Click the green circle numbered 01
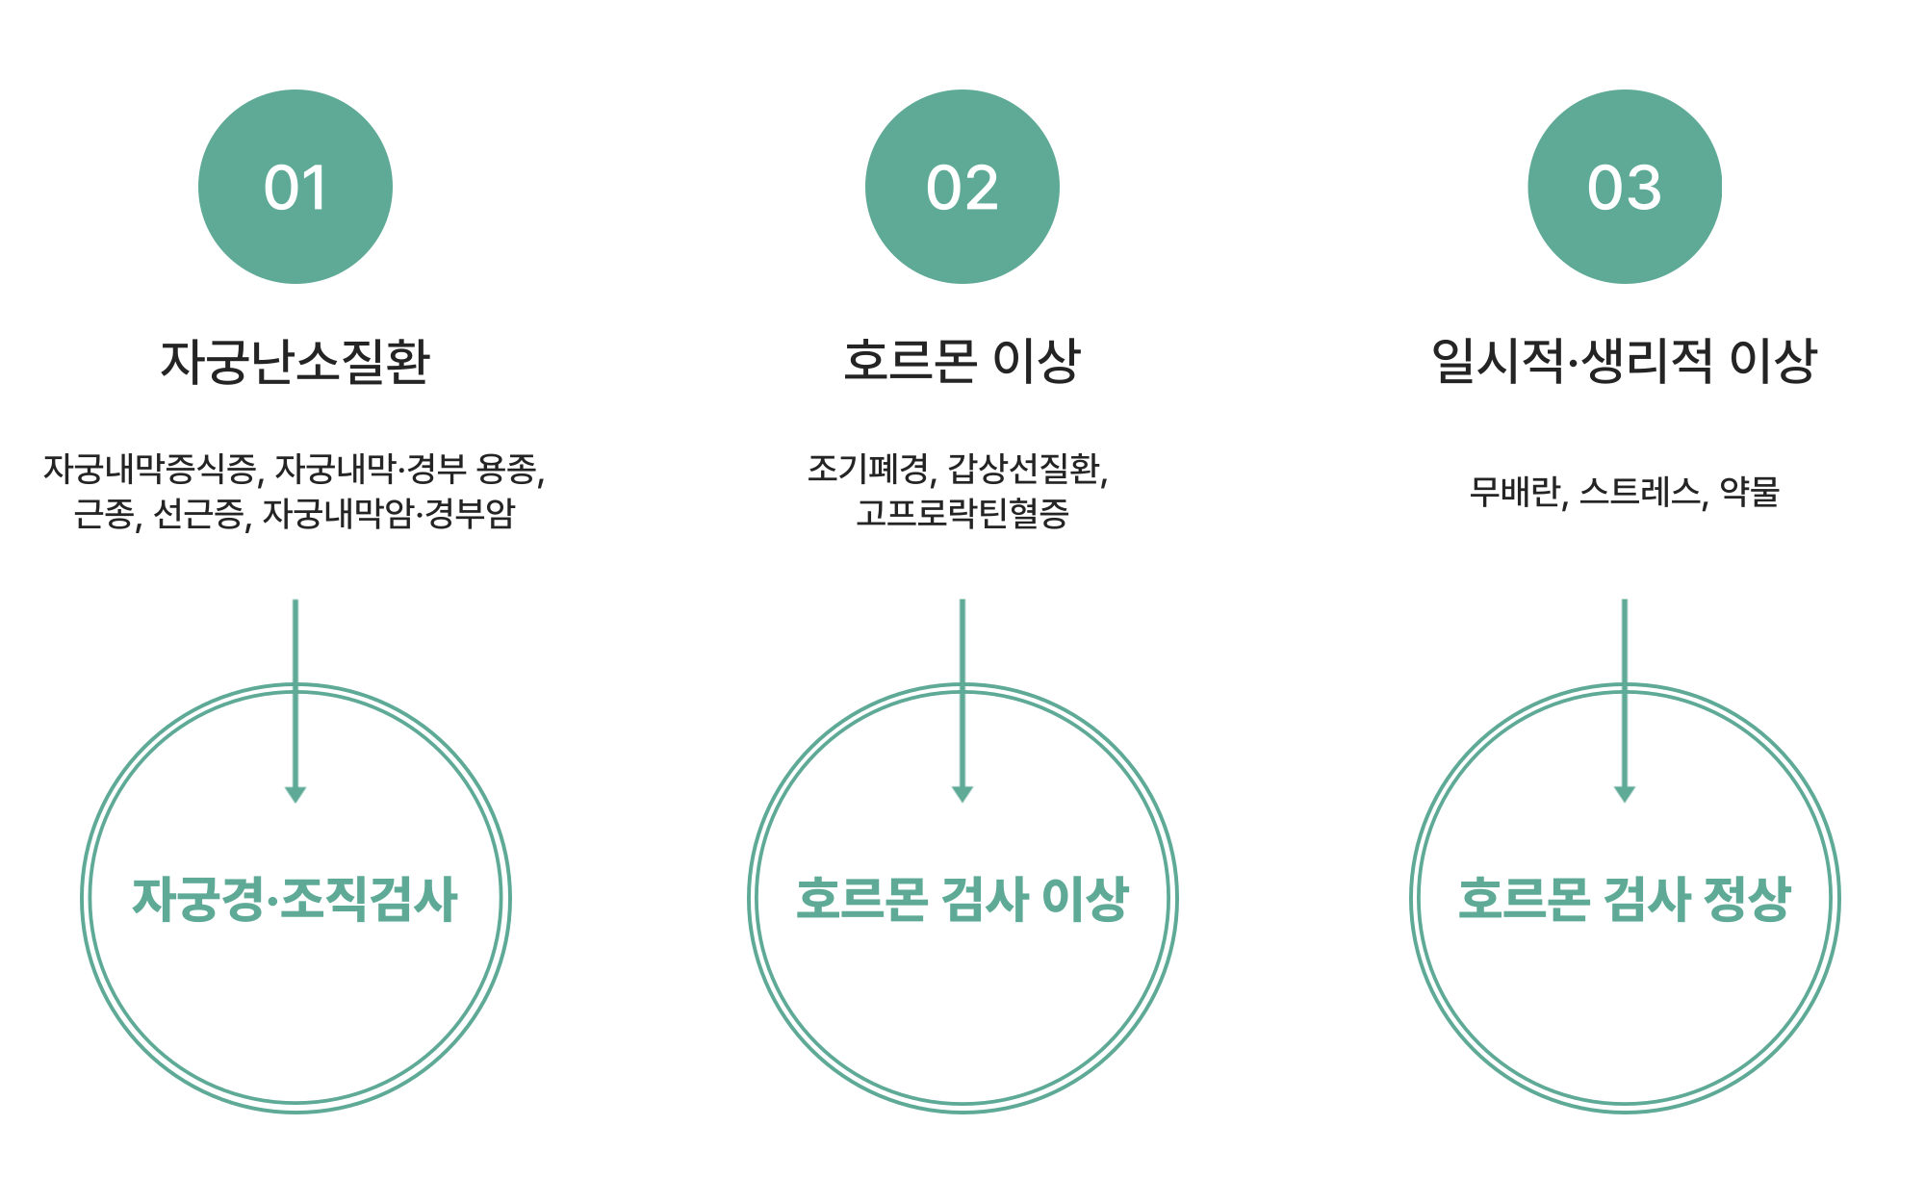click(295, 187)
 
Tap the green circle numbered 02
click(962, 187)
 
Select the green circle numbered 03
click(1625, 187)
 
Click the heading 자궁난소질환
click(295, 362)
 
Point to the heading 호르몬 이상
click(962, 362)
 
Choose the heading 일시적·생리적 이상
click(1625, 362)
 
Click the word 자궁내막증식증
click(150, 469)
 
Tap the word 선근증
click(200, 513)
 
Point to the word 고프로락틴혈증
click(962, 513)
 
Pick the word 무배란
click(1515, 492)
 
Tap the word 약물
click(1750, 492)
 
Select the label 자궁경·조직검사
click(295, 900)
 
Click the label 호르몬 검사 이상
click(962, 900)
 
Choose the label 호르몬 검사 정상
click(1625, 900)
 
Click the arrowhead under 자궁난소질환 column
click(295, 794)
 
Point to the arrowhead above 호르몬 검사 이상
click(962, 794)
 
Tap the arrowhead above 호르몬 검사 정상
click(1625, 794)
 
